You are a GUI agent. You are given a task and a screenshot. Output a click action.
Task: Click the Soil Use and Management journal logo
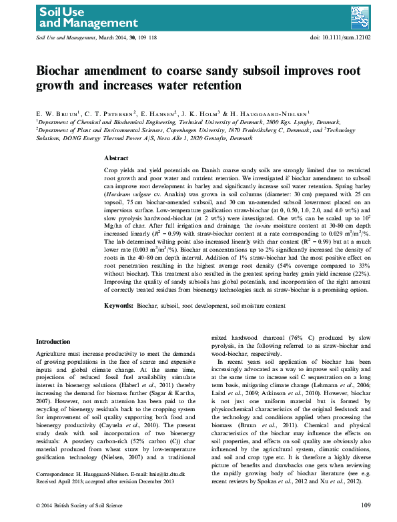pyautogui.click(x=63, y=17)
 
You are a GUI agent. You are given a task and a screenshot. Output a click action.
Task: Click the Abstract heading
pyautogui.click(x=117, y=158)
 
